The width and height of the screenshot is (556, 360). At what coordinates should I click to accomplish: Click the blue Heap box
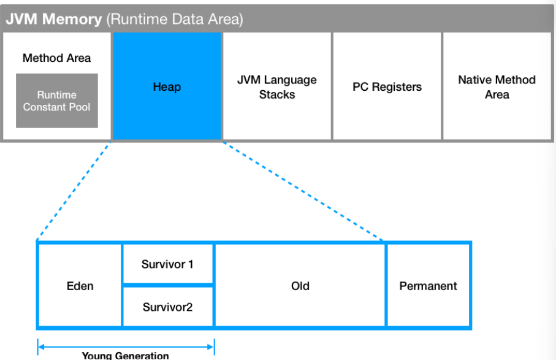[x=167, y=86]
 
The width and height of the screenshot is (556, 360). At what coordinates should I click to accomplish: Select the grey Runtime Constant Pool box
[x=56, y=101]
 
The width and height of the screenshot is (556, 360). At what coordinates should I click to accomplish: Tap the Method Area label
[x=56, y=58]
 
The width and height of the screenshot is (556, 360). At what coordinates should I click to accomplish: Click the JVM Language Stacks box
[x=277, y=87]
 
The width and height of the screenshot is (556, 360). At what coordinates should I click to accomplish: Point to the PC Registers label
[x=387, y=87]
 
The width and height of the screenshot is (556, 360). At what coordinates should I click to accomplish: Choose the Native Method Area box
[x=497, y=87]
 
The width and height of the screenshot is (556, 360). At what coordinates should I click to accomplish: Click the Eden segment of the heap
[x=80, y=286]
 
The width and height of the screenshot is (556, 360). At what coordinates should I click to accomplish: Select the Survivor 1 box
[x=167, y=264]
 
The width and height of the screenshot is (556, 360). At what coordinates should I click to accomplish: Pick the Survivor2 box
[x=167, y=307]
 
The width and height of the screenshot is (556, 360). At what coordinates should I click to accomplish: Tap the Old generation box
[x=300, y=286]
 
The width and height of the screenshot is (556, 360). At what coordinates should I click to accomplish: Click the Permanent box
[x=428, y=286]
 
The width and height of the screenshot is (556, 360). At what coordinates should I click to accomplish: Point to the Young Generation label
[x=126, y=355]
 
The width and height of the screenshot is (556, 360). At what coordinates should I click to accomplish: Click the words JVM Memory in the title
[x=54, y=19]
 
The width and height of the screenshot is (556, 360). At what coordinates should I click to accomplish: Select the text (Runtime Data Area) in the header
[x=175, y=19]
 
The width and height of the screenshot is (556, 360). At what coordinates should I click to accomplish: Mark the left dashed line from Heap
[x=74, y=191]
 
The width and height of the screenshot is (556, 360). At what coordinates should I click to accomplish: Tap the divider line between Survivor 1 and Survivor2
[x=167, y=285]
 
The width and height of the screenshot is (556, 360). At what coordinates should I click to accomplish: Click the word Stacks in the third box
[x=277, y=94]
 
